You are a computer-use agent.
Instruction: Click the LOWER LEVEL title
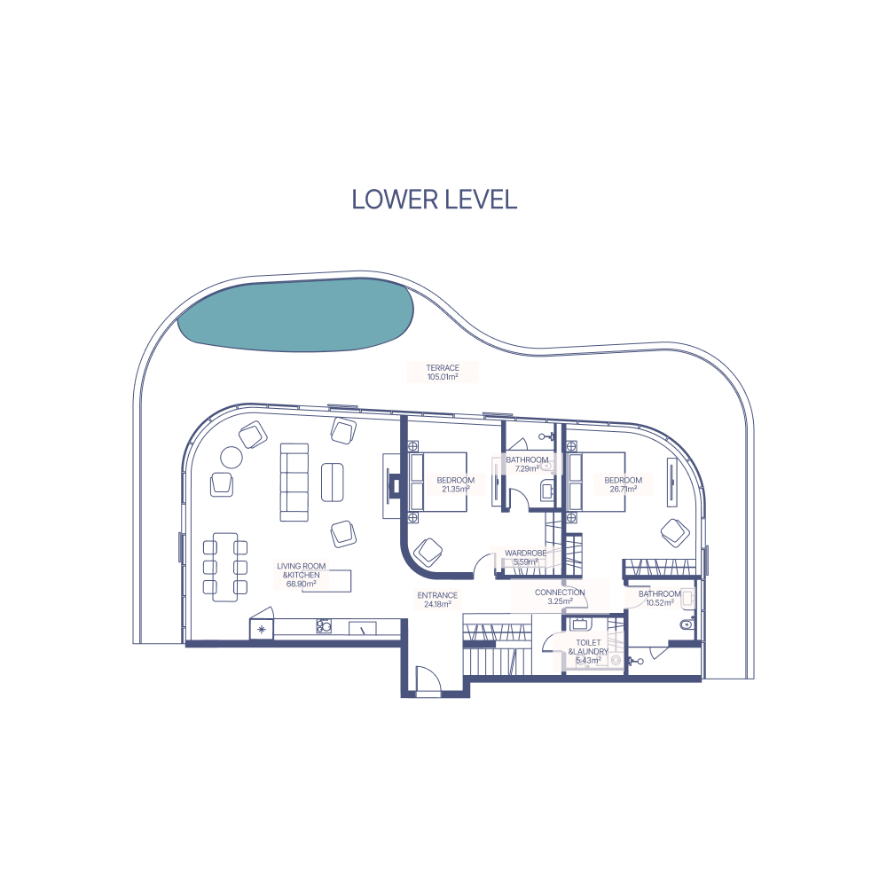pyautogui.click(x=434, y=200)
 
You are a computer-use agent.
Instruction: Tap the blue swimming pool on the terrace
pyautogui.click(x=296, y=315)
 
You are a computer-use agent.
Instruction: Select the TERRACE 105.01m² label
pyautogui.click(x=443, y=373)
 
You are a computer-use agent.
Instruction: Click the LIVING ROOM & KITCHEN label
pyautogui.click(x=302, y=575)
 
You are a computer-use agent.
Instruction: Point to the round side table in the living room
pyautogui.click(x=232, y=457)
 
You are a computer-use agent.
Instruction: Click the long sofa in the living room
pyautogui.click(x=294, y=482)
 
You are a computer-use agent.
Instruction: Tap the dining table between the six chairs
pyautogui.click(x=225, y=567)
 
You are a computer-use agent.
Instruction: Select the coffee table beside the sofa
pyautogui.click(x=333, y=482)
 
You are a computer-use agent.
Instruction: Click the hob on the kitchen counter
pyautogui.click(x=324, y=626)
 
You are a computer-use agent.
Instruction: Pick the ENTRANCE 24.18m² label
pyautogui.click(x=437, y=600)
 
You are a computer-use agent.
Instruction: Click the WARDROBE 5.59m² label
pyautogui.click(x=525, y=558)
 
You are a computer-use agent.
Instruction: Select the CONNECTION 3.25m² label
pyautogui.click(x=560, y=597)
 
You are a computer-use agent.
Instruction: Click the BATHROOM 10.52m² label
pyautogui.click(x=660, y=599)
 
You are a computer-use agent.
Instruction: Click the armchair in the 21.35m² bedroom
pyautogui.click(x=428, y=552)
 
